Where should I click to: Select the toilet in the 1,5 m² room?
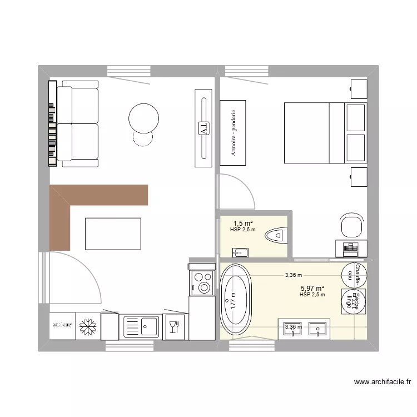276,236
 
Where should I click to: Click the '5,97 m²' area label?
311,289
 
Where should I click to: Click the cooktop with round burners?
201,282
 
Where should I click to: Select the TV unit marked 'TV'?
203,127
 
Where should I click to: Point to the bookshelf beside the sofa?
52,123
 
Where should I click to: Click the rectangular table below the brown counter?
113,234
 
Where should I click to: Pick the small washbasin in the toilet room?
240,252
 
